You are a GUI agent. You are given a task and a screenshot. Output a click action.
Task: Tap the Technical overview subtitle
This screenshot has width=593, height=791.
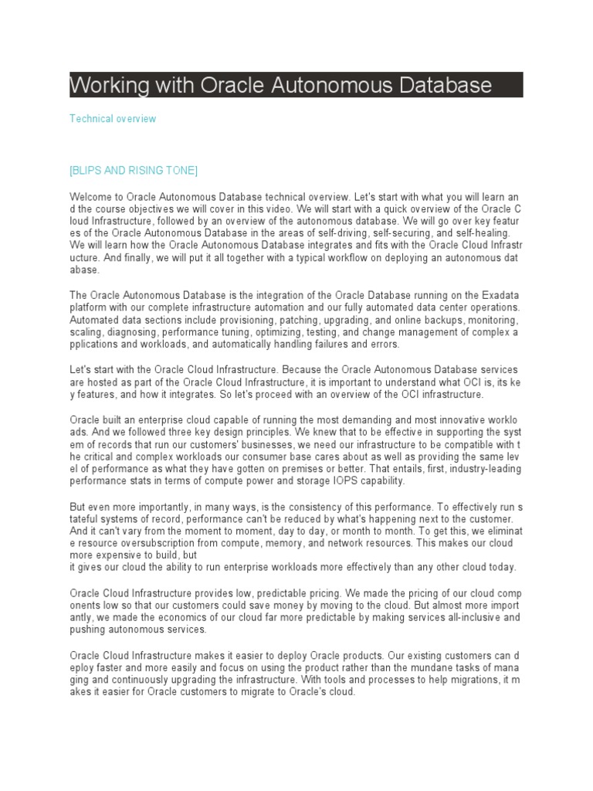coord(113,119)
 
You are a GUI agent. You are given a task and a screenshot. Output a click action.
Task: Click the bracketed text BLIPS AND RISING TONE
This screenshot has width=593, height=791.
coord(134,170)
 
